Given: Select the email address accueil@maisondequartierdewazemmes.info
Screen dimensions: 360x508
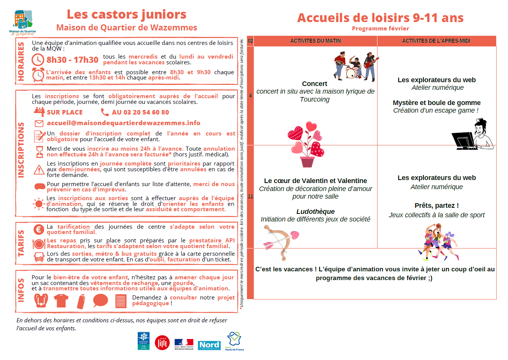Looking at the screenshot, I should (x=123, y=123).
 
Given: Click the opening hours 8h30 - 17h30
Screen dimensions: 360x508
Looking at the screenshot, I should (x=72, y=60).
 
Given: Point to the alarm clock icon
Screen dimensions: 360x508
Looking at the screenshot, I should (x=38, y=75).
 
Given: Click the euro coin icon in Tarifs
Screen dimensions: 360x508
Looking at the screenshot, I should (x=38, y=229).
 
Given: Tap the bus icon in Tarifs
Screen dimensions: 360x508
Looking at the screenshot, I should (x=39, y=257).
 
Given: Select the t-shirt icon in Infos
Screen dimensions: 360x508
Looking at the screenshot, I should (x=61, y=301).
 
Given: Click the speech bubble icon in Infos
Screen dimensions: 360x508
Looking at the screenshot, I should (x=100, y=301).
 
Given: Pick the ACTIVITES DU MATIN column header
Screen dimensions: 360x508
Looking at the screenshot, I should (x=315, y=41).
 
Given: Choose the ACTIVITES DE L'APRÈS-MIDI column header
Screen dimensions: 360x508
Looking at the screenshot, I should (x=436, y=41).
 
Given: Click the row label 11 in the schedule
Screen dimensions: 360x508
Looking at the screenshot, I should (x=250, y=196).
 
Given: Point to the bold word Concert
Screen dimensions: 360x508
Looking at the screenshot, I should (x=314, y=84).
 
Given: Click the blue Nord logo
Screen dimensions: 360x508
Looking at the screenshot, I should (x=209, y=345).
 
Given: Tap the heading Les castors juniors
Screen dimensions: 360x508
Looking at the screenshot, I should (x=126, y=14).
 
